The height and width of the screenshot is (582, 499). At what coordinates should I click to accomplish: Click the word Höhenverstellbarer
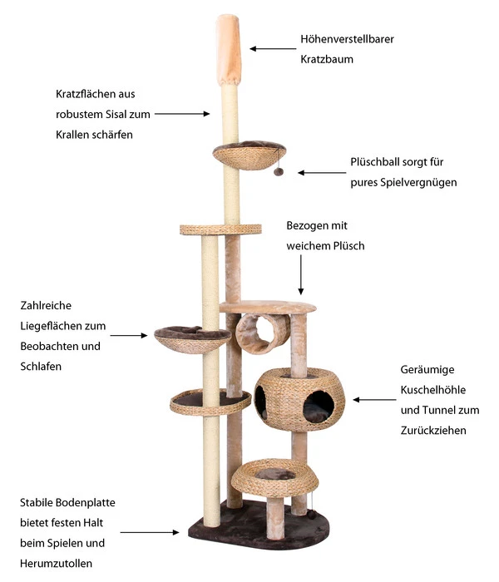[x=348, y=38]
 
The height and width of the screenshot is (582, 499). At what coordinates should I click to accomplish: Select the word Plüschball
[x=376, y=162]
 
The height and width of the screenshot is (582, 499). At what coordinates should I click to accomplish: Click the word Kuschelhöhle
[x=433, y=390]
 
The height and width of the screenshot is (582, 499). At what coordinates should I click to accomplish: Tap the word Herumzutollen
[x=57, y=563]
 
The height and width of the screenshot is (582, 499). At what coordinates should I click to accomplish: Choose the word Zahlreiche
[x=47, y=306]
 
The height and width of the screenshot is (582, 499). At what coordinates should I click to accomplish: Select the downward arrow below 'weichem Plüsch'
[x=302, y=274]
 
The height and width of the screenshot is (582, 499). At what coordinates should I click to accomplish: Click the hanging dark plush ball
[x=279, y=172]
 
